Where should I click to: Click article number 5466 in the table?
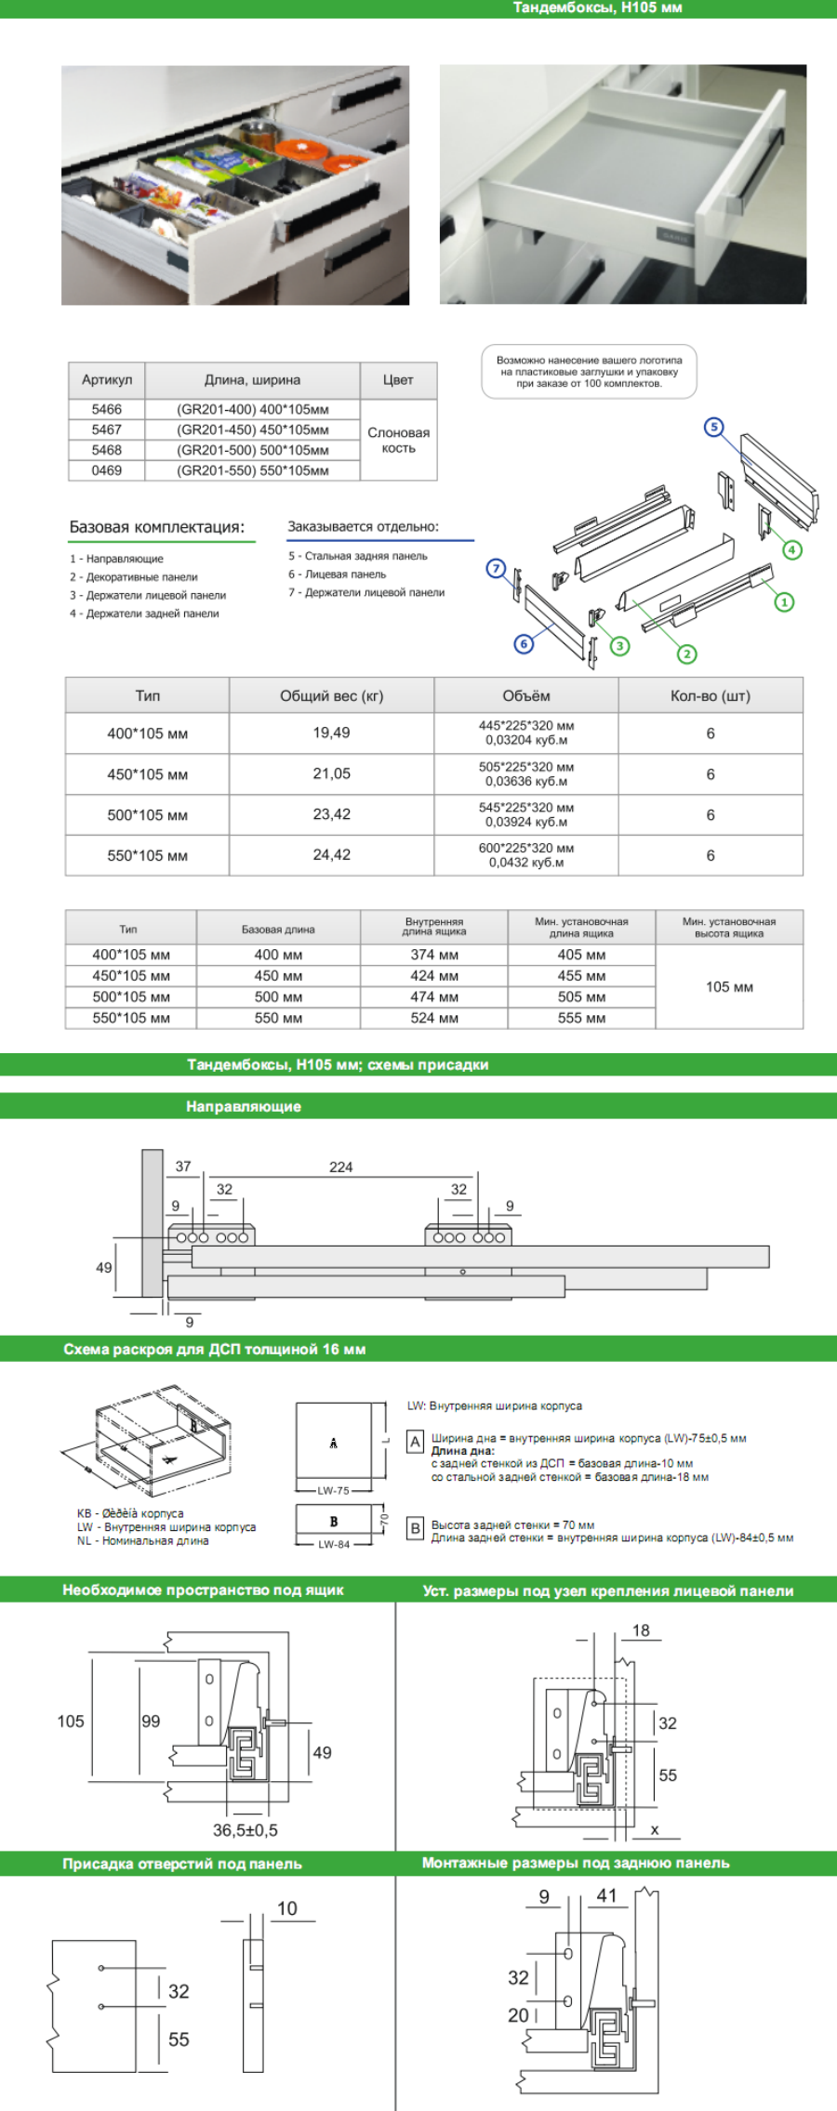[x=106, y=409]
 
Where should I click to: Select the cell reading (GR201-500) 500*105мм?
[x=252, y=450]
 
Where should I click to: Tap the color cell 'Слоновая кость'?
[x=398, y=440]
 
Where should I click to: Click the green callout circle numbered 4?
[x=791, y=549]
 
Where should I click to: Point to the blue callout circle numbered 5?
[x=713, y=427]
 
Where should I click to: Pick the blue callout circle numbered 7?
[x=496, y=568]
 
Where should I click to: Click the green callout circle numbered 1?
[x=784, y=602]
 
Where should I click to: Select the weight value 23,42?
[x=331, y=814]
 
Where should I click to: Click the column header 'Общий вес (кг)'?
[x=331, y=695]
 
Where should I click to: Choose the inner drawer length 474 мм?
[x=433, y=996]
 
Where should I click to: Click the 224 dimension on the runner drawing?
[x=340, y=1167]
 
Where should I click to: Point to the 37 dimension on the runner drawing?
[x=183, y=1166]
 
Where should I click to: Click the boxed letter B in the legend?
[x=415, y=1528]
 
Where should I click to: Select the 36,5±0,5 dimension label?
[x=245, y=1829]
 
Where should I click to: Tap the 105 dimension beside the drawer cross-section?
[x=71, y=1721]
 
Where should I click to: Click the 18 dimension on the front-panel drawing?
[x=641, y=1630]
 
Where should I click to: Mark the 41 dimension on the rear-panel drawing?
[x=606, y=1895]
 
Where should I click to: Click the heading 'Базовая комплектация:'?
[x=157, y=527]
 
